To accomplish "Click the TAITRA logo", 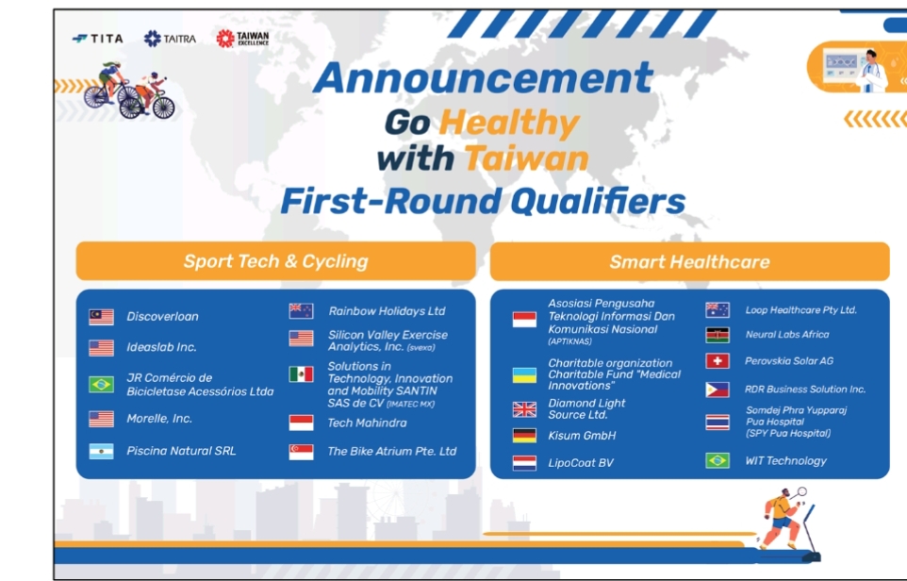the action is click(170, 39).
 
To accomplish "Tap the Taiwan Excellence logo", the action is click(242, 38).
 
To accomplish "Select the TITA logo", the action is click(98, 39).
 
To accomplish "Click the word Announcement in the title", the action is click(483, 77).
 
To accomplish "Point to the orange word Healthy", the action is click(509, 123).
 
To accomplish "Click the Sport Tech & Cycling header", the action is click(276, 261).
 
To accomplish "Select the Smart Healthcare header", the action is click(689, 261).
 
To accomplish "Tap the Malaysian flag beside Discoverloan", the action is click(101, 317).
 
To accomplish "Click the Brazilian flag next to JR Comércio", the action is click(101, 384).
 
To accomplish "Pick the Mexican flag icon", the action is click(301, 374).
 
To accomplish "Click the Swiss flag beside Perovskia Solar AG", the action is click(717, 361).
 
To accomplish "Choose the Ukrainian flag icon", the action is click(524, 375).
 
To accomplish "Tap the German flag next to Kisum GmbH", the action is click(524, 435).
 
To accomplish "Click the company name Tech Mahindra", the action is click(367, 423).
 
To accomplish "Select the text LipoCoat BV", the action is click(581, 463).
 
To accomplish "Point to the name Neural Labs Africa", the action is click(786, 335).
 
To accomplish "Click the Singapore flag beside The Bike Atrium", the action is click(301, 452).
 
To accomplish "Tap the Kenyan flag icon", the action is click(717, 335).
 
